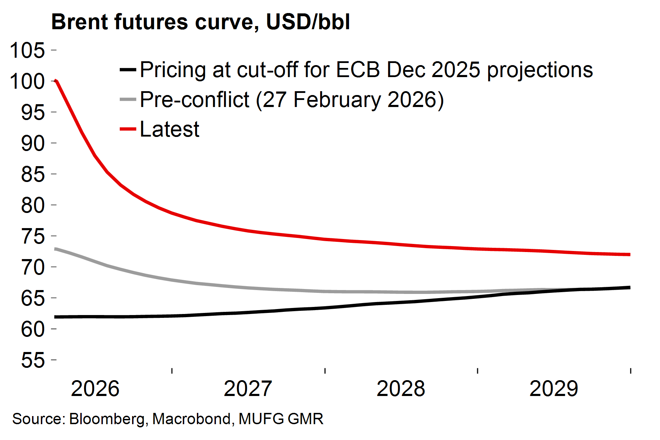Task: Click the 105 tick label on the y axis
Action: [x=27, y=50]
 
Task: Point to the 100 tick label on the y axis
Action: [x=27, y=81]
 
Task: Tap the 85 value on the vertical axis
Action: [x=33, y=174]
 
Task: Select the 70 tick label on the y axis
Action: [x=33, y=267]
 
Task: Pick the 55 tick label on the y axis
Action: [x=33, y=360]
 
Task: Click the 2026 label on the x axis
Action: [x=95, y=389]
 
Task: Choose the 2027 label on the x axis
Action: [x=248, y=389]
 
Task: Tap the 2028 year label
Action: [x=401, y=389]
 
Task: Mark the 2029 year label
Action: [x=554, y=389]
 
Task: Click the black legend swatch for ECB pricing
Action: [x=128, y=70]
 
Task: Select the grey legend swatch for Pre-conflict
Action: [x=128, y=100]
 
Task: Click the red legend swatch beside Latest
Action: [x=128, y=129]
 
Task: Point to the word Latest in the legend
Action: [x=169, y=129]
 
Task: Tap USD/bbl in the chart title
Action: [x=308, y=22]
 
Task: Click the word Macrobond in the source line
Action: [x=192, y=419]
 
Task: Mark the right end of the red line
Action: [x=629, y=254]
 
